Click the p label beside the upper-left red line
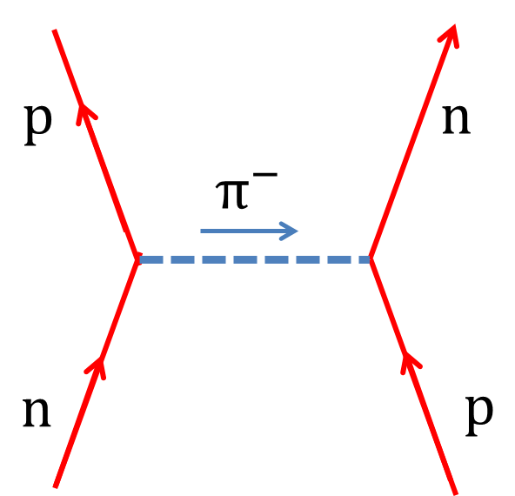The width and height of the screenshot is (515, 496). (38, 125)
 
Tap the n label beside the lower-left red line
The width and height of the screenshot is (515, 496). (37, 412)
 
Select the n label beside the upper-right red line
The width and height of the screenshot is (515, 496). (456, 119)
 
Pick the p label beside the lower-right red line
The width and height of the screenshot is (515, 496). (479, 416)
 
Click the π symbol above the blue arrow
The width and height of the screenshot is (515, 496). (232, 194)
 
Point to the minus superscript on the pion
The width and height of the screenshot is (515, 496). (265, 176)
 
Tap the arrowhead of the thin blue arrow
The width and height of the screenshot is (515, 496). (288, 231)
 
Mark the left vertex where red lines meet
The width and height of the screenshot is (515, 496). (137, 259)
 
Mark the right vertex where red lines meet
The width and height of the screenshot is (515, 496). (371, 259)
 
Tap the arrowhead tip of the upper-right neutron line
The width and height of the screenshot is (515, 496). (455, 25)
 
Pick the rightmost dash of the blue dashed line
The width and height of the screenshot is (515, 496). (365, 259)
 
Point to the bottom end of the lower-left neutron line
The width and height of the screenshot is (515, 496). (56, 486)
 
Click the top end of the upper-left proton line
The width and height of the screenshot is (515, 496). (55, 30)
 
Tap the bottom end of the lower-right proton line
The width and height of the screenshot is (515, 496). (455, 493)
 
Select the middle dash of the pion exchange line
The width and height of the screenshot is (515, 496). (245, 259)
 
